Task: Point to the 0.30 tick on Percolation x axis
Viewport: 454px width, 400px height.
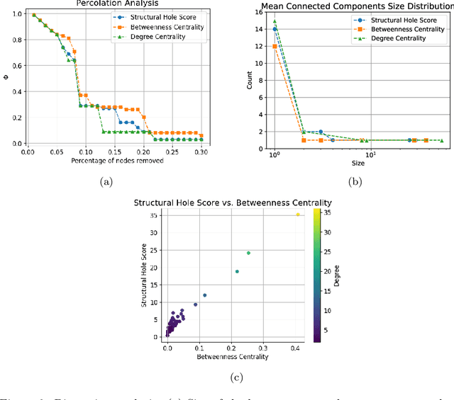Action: (x=201, y=152)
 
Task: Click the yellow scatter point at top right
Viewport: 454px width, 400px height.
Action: (x=298, y=215)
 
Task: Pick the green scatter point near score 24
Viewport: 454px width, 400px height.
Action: (x=248, y=253)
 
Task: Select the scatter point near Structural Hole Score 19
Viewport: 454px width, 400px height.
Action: (x=237, y=271)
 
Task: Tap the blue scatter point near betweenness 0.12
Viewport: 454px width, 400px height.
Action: (x=205, y=295)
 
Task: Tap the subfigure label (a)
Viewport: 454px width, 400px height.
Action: (x=106, y=182)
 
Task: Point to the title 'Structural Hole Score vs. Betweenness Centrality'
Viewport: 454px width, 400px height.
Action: (x=233, y=203)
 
